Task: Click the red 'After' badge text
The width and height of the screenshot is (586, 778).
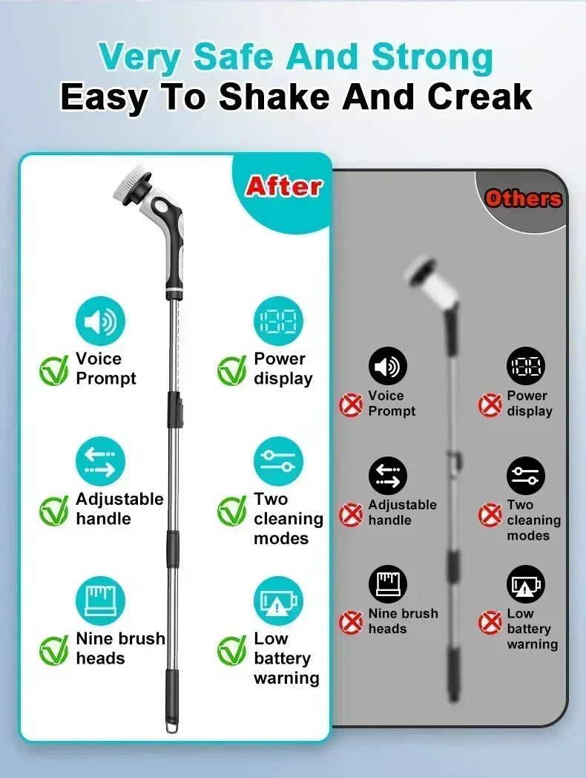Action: tap(283, 186)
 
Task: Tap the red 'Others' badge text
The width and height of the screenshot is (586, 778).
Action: tap(523, 198)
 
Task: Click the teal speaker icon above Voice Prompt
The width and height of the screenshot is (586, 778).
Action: tap(100, 322)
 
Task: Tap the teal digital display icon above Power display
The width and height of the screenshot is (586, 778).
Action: tap(278, 322)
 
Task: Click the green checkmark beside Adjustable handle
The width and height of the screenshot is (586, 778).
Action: tap(54, 511)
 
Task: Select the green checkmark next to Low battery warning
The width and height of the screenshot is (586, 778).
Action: tap(232, 650)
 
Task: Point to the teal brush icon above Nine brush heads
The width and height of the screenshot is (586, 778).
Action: tap(100, 600)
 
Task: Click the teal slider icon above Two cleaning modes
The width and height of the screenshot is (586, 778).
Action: tap(278, 461)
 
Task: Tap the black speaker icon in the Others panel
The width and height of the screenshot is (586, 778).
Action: tap(387, 366)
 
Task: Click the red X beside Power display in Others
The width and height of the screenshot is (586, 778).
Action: tap(490, 405)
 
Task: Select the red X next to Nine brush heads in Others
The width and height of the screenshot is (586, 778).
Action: tap(351, 622)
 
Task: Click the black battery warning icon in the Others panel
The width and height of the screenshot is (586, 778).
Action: tap(526, 585)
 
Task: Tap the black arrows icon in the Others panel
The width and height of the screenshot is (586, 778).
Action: tap(387, 476)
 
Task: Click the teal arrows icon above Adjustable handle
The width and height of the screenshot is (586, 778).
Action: tap(100, 461)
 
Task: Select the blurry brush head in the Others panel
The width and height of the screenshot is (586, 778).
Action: tap(424, 272)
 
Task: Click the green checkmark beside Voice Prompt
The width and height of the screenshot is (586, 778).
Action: tap(54, 370)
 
